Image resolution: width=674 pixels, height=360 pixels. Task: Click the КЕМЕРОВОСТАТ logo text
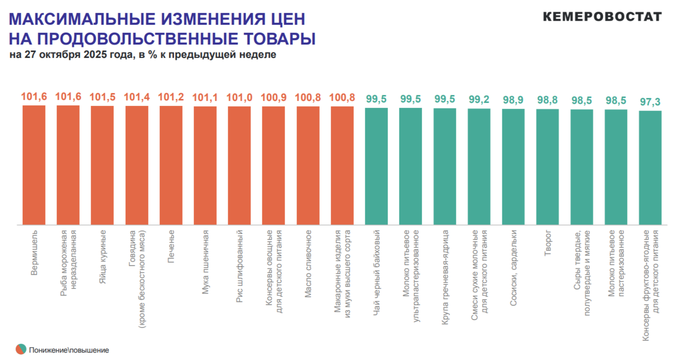click(602, 17)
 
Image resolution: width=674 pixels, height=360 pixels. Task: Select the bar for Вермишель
click(34, 166)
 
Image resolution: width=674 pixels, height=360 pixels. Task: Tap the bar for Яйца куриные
click(102, 166)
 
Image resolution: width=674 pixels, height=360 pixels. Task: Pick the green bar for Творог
click(547, 167)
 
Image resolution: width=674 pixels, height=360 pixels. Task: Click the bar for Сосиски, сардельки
click(513, 167)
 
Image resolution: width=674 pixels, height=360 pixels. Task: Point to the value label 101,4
click(137, 97)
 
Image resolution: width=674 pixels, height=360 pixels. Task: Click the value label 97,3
click(650, 102)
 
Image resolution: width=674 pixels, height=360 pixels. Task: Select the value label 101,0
click(240, 97)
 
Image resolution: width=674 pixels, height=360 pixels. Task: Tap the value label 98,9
click(513, 100)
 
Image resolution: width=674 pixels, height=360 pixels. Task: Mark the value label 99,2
click(479, 99)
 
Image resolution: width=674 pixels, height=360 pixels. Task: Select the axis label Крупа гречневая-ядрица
click(445, 270)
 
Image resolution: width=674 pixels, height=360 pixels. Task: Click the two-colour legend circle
click(21, 350)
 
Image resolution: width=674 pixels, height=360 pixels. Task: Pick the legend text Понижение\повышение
click(69, 350)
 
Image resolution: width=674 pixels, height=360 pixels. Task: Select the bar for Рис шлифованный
click(240, 166)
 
